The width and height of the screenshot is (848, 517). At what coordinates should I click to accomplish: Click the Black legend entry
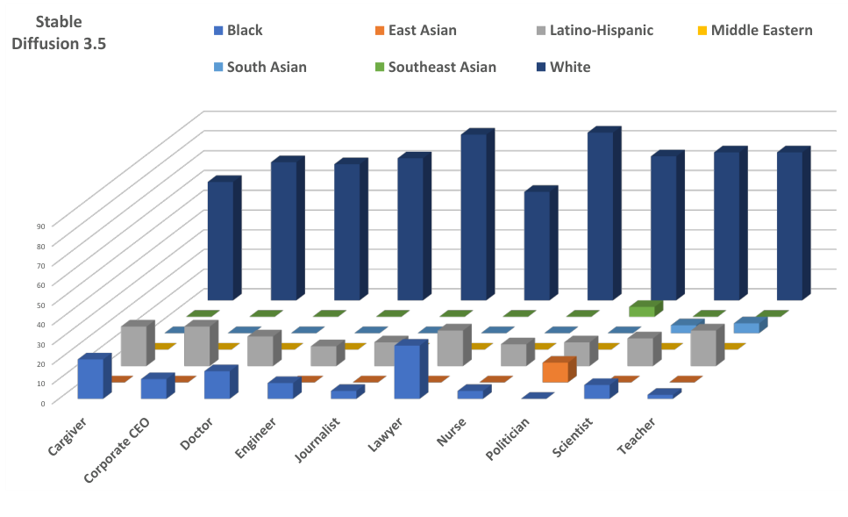[244, 31]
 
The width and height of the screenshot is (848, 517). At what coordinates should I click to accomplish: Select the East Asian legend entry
[420, 31]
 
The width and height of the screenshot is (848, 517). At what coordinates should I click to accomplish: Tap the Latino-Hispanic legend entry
[601, 31]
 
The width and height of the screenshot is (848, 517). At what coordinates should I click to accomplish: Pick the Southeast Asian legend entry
[441, 67]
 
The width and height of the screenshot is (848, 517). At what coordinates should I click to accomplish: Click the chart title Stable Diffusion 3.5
[59, 32]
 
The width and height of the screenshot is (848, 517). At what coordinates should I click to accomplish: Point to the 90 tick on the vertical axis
[41, 226]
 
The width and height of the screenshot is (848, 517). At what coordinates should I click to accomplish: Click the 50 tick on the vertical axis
[41, 305]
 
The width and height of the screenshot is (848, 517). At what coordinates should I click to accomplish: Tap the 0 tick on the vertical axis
[43, 403]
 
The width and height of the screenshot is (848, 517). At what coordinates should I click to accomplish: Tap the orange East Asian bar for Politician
[555, 372]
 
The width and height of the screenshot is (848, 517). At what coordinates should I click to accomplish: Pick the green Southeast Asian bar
[642, 310]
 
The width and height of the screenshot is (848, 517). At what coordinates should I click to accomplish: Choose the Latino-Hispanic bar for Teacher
[703, 348]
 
